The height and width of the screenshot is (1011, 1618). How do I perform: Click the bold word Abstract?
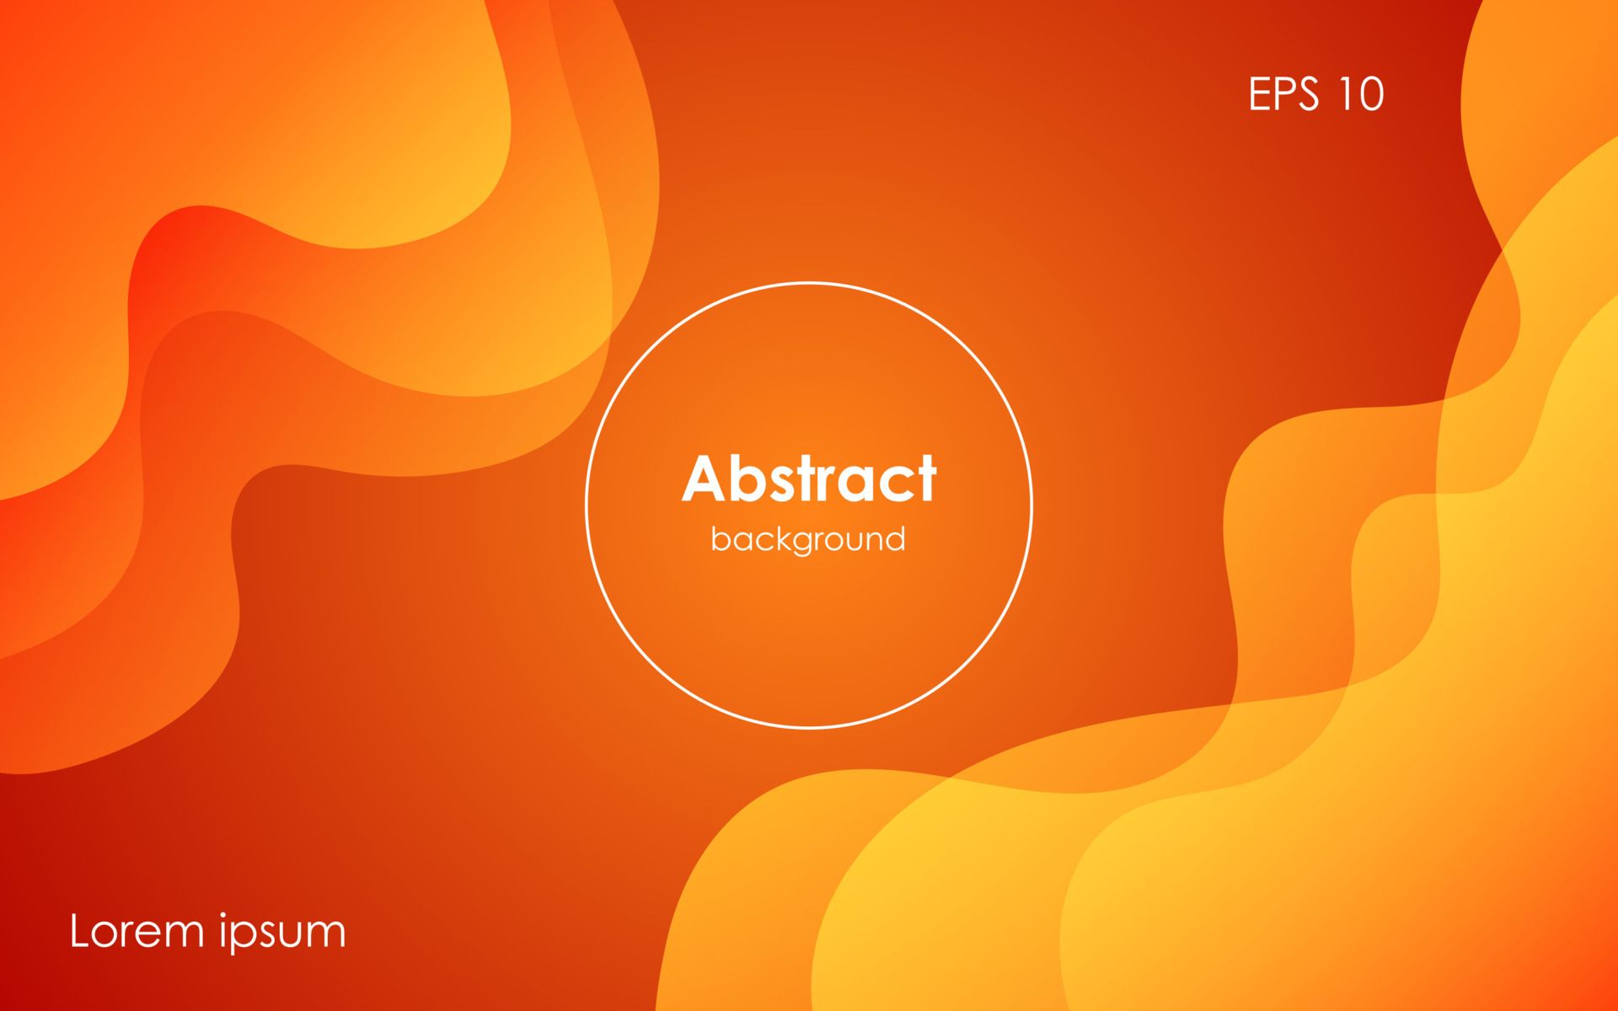(x=809, y=479)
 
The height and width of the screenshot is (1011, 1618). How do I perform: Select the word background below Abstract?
(x=808, y=539)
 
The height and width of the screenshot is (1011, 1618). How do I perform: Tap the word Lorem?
(x=137, y=932)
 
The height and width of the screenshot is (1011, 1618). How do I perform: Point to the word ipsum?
(x=282, y=933)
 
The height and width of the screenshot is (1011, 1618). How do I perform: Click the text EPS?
(x=1283, y=94)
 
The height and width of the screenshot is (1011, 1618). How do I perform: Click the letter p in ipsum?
(x=245, y=937)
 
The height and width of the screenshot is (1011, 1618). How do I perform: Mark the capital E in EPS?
(x=1258, y=94)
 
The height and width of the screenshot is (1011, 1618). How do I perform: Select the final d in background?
(x=896, y=538)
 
